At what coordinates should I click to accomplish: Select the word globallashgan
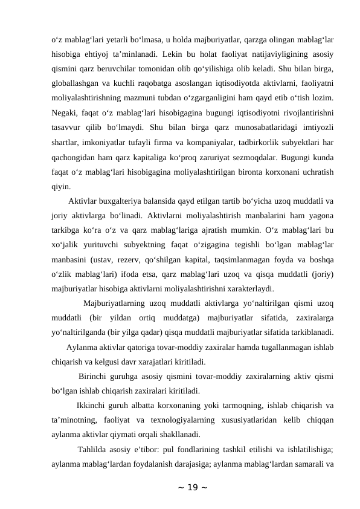click(x=76, y=82)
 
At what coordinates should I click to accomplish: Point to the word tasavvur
click(x=66, y=141)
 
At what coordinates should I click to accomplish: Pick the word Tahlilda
click(x=92, y=450)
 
